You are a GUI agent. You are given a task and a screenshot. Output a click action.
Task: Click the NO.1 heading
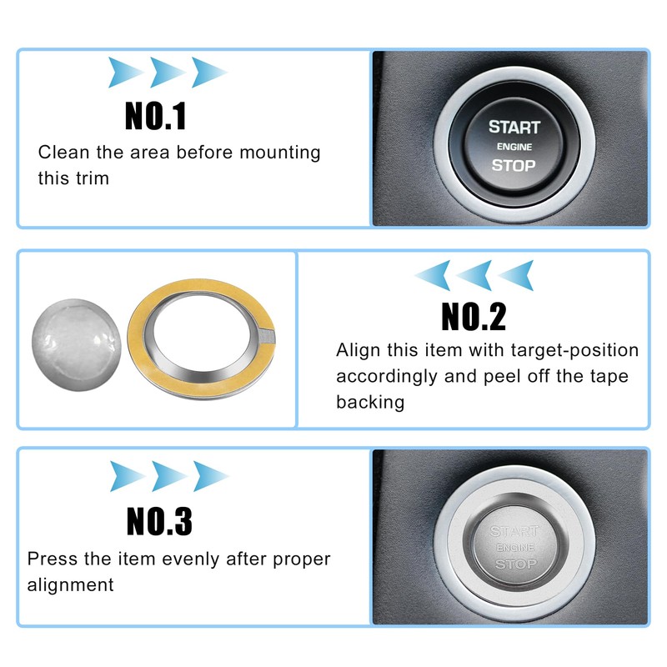(x=156, y=116)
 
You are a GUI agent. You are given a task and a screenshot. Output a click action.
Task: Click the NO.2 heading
(x=473, y=316)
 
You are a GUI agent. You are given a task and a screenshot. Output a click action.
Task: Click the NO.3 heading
(x=159, y=521)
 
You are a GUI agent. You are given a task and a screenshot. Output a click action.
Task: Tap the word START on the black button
(x=514, y=128)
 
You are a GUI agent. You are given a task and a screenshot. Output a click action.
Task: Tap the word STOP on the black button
(x=513, y=165)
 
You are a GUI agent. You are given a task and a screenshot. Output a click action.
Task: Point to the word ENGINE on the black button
(x=514, y=147)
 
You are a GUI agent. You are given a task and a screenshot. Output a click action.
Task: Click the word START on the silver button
(x=514, y=531)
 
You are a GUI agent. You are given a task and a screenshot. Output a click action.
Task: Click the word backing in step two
(x=370, y=402)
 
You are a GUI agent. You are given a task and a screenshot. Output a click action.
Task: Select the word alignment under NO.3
(x=70, y=584)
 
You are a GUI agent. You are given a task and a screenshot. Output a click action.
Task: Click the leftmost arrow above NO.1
(x=124, y=73)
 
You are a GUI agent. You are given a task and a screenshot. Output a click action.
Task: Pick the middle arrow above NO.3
(x=169, y=475)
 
